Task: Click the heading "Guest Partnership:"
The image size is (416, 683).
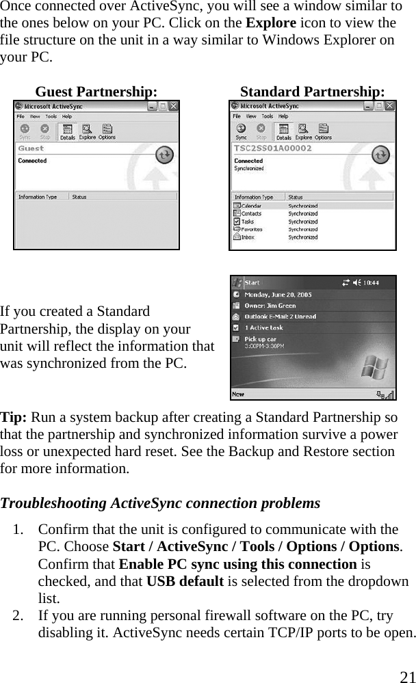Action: (x=96, y=92)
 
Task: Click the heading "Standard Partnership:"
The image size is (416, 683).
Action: (x=312, y=92)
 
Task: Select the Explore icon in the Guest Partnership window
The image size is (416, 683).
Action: (x=88, y=131)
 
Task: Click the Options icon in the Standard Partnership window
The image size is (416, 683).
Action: (x=323, y=131)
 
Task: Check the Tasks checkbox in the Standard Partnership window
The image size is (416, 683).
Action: (x=237, y=222)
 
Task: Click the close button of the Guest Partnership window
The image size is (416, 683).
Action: (x=174, y=107)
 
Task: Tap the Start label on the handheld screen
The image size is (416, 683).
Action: (x=252, y=282)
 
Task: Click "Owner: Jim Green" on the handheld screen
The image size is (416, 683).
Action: (x=272, y=306)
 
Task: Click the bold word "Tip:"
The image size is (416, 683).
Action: (x=14, y=417)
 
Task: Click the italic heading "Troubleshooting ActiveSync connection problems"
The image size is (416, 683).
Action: (x=160, y=503)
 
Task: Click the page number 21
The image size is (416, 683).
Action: (x=407, y=676)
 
